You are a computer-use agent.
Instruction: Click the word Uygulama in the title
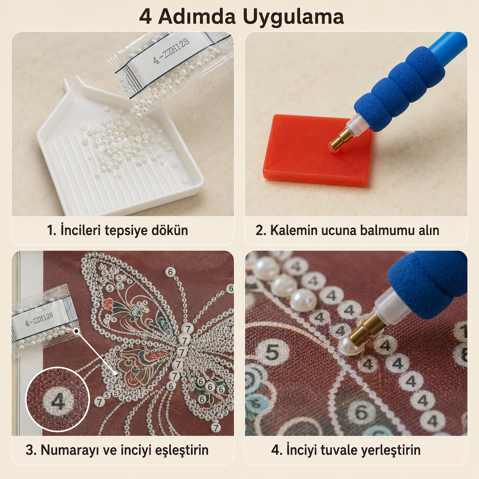coord(293,17)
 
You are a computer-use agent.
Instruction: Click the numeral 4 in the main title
coord(145,17)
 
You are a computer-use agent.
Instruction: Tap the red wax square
coord(318,149)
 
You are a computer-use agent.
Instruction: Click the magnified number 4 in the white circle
coord(58,402)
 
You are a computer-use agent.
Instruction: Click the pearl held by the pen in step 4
coord(351,346)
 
